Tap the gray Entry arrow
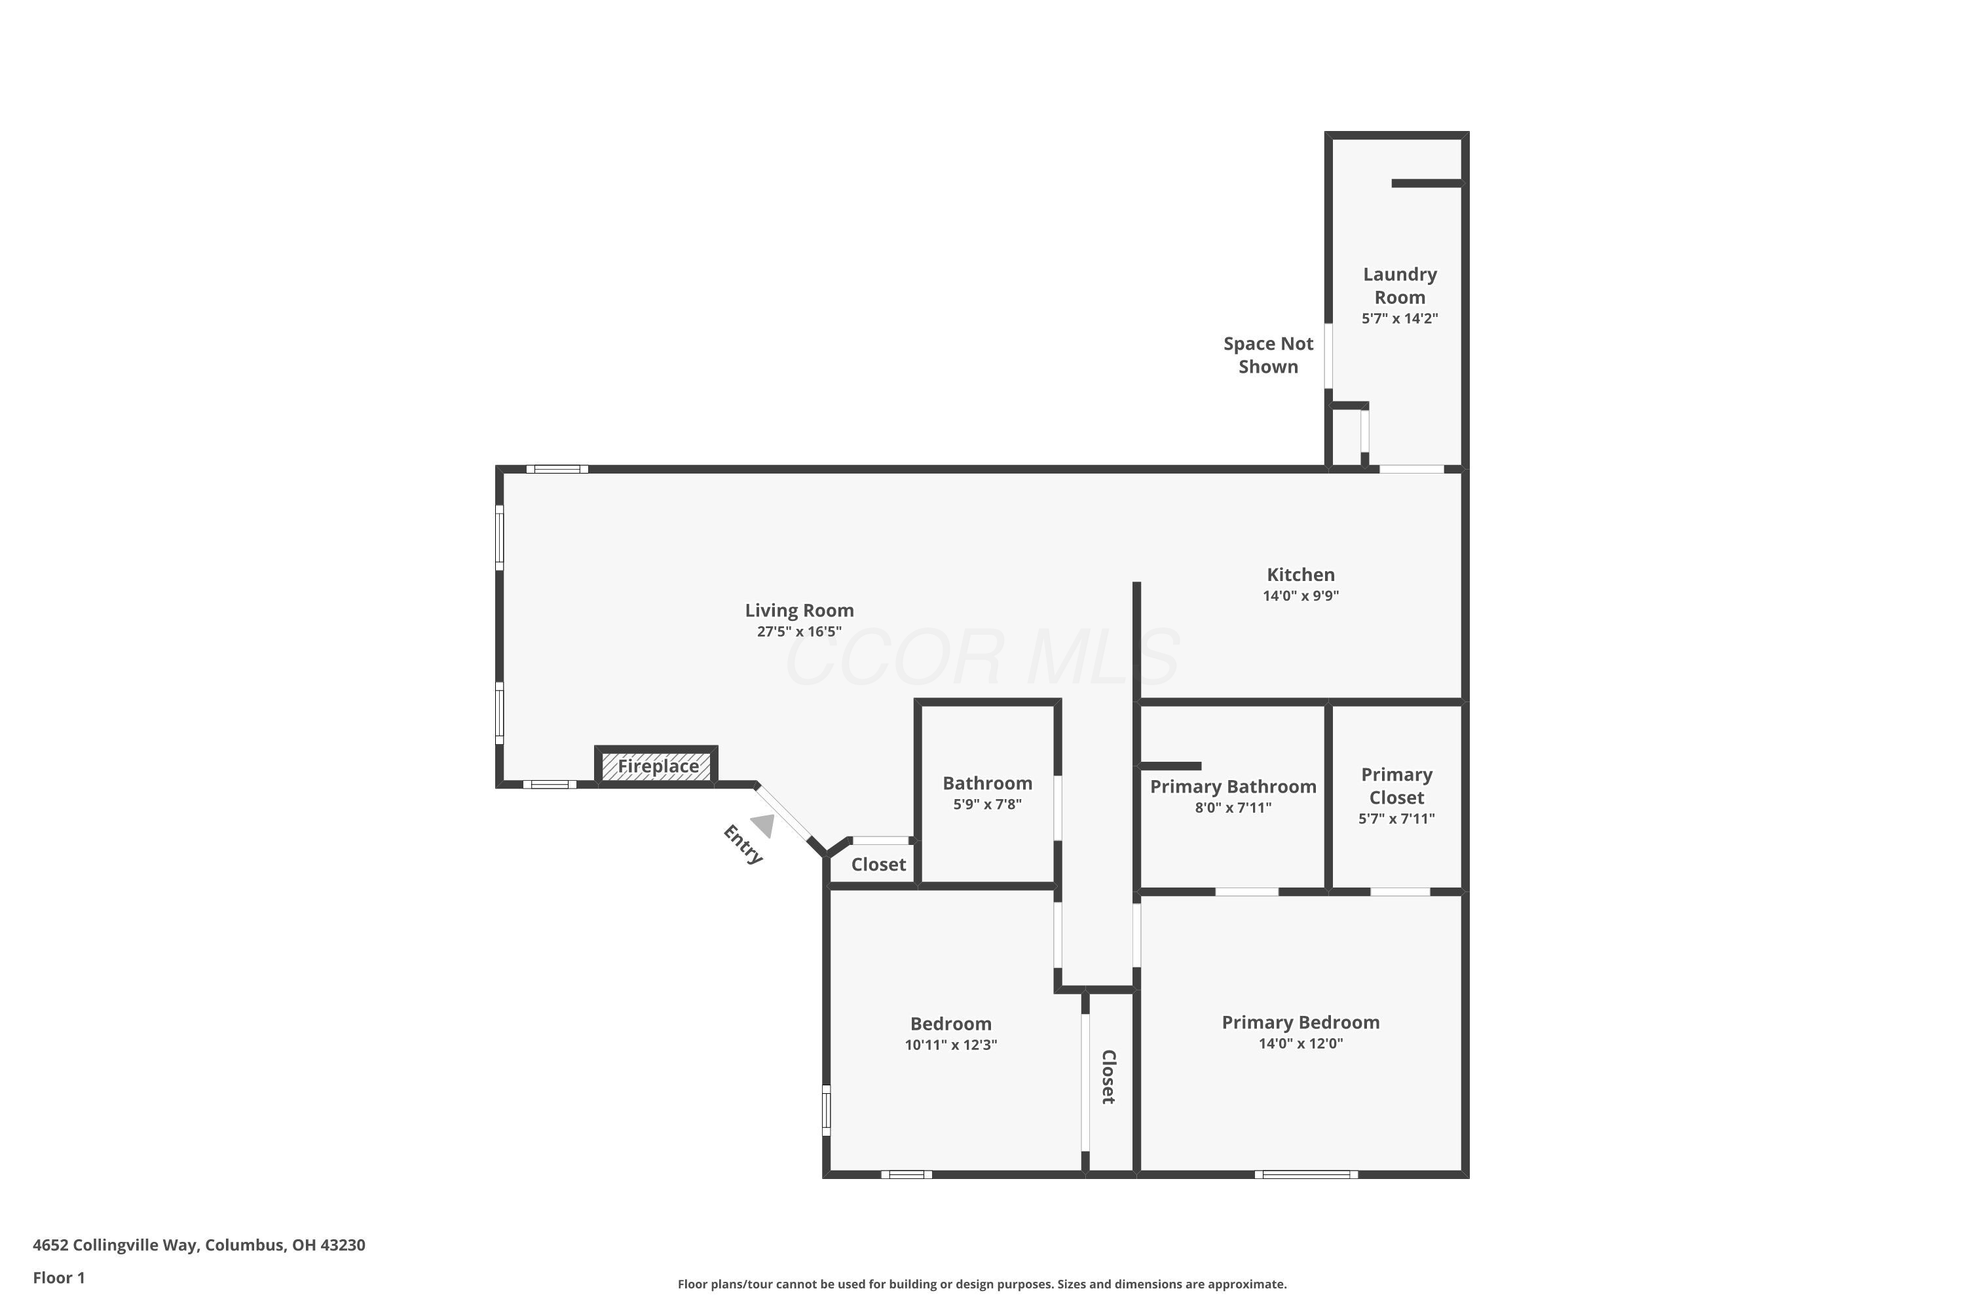pyautogui.click(x=763, y=825)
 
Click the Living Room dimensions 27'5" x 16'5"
pyautogui.click(x=798, y=631)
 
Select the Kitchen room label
pyautogui.click(x=1301, y=575)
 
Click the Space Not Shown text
pyautogui.click(x=1268, y=355)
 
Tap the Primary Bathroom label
pyautogui.click(x=1233, y=786)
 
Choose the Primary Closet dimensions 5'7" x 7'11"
pyautogui.click(x=1396, y=819)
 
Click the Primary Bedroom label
pyautogui.click(x=1301, y=1022)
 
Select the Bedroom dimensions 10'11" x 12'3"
pyautogui.click(x=951, y=1044)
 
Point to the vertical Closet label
pyautogui.click(x=1109, y=1077)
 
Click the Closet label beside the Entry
pyautogui.click(x=878, y=865)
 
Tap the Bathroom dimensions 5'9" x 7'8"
pyautogui.click(x=988, y=804)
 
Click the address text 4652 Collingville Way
pyautogui.click(x=115, y=1245)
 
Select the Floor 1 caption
pyautogui.click(x=58, y=1277)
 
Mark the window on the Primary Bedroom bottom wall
pyautogui.click(x=1306, y=1174)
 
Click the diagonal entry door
pyautogui.click(x=783, y=813)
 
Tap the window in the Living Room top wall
pyautogui.click(x=557, y=470)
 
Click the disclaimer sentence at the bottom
pyautogui.click(x=982, y=1284)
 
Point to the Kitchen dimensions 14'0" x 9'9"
pyautogui.click(x=1301, y=595)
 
